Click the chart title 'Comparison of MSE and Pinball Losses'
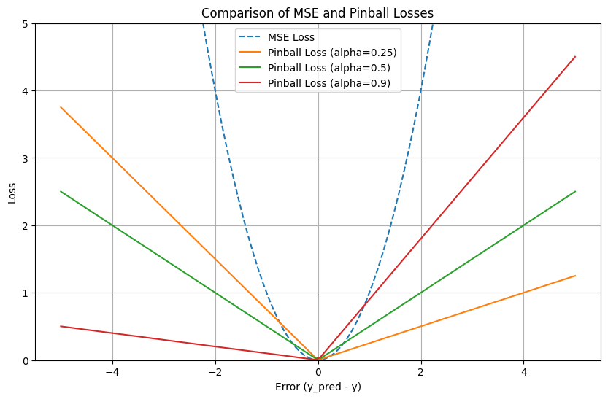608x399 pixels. tap(318, 12)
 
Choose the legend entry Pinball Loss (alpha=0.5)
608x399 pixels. tap(326, 68)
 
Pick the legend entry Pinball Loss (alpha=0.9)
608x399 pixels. tap(326, 83)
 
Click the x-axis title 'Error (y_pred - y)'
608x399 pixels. tap(318, 387)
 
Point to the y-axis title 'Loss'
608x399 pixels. tap(11, 192)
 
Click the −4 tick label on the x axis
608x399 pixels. tap(112, 371)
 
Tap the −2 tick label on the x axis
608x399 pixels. tap(215, 371)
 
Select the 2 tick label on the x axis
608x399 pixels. tap(421, 371)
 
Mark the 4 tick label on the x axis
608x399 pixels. tap(524, 371)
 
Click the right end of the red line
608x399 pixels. tap(575, 57)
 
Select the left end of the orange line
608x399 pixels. tap(61, 107)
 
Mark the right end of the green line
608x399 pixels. tap(575, 192)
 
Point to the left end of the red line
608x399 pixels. tap(61, 326)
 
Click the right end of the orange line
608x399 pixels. tap(575, 276)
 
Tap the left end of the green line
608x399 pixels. tap(61, 192)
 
